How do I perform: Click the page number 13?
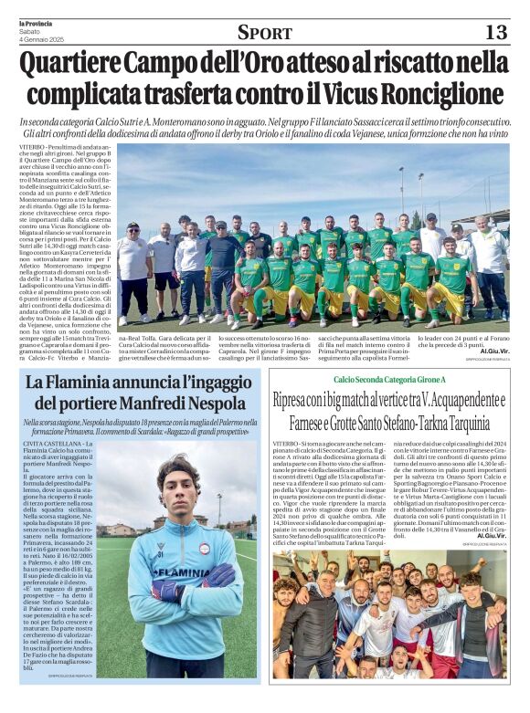pos(494,32)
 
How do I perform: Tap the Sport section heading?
pos(265,32)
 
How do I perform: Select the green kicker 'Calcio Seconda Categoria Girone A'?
pos(389,378)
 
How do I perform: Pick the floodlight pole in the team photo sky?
pos(399,187)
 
